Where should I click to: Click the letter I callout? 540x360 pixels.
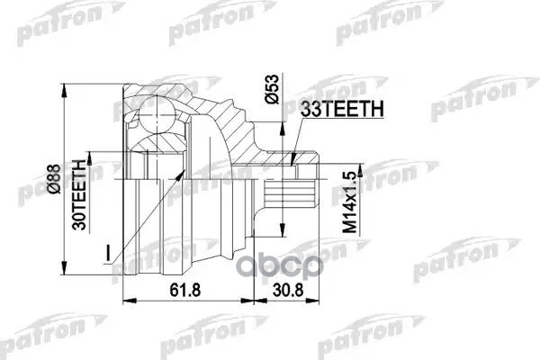tap(108, 254)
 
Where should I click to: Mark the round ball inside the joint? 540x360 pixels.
tap(153, 115)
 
